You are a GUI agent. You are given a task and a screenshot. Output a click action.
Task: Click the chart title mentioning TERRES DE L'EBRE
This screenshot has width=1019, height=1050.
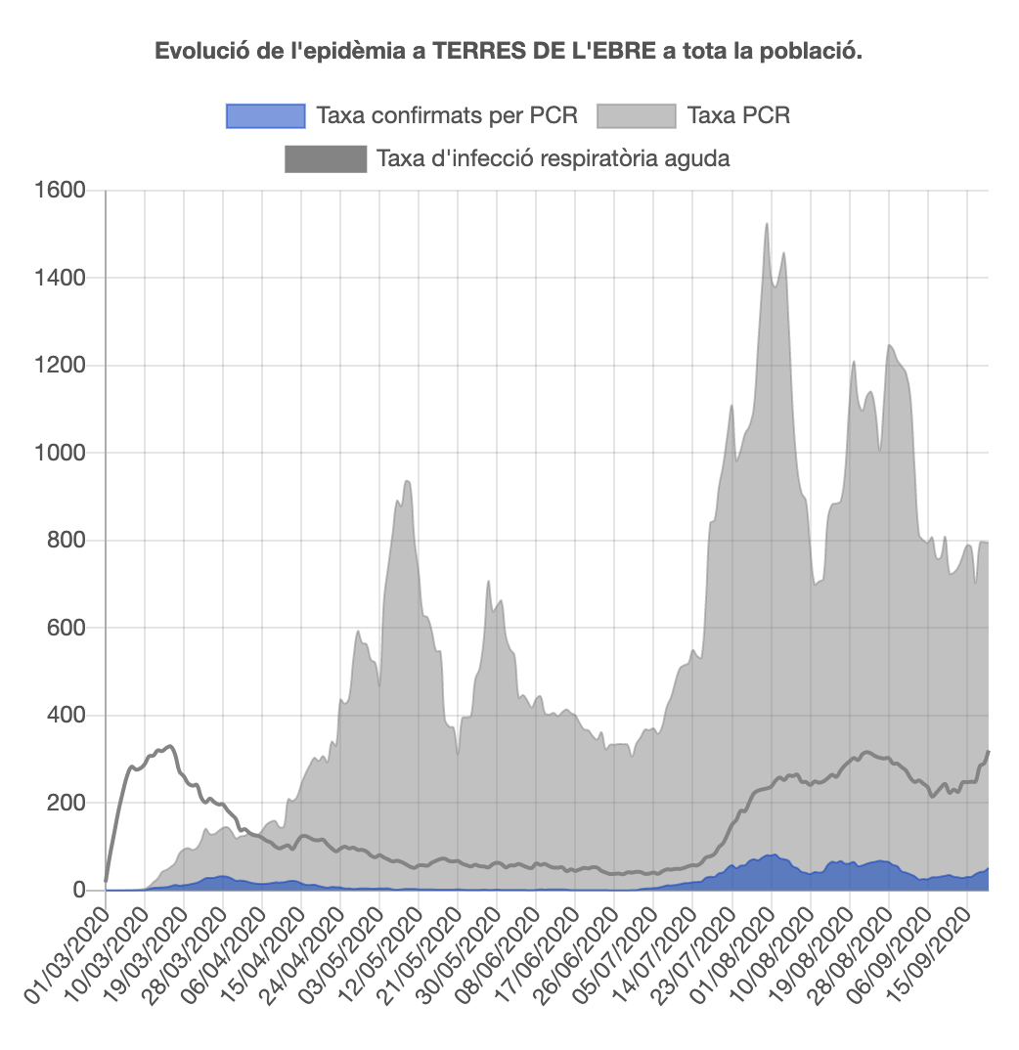click(x=509, y=51)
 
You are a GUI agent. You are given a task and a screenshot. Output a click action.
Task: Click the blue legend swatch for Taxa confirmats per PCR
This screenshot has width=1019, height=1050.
click(x=265, y=115)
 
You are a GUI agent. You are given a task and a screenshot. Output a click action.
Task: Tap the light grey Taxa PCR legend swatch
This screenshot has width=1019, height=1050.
click(x=636, y=115)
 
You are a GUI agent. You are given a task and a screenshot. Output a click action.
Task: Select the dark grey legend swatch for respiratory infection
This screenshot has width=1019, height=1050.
click(x=325, y=158)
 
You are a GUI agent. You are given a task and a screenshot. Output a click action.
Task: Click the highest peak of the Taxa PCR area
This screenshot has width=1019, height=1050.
click(x=767, y=224)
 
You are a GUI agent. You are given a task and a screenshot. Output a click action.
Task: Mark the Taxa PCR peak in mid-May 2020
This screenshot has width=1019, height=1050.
click(x=407, y=481)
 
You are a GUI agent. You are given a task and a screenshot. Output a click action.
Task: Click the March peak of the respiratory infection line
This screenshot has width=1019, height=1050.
click(x=170, y=746)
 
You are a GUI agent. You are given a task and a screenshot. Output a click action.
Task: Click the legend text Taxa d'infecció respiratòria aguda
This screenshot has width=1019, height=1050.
click(x=553, y=158)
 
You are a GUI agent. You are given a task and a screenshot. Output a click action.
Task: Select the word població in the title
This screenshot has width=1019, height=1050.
click(x=817, y=51)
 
